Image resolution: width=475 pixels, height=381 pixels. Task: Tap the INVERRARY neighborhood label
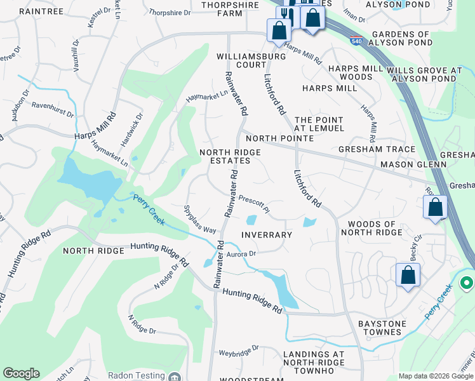point(267,235)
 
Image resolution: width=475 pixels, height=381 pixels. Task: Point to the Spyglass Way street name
point(200,218)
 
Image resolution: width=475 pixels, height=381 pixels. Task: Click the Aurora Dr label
point(241,254)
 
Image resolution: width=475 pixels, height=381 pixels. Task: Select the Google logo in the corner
point(21,373)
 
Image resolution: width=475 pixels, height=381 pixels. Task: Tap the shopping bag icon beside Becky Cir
point(408,275)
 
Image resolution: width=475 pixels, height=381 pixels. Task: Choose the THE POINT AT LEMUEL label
point(319,124)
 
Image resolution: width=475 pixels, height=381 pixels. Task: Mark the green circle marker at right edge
point(467,283)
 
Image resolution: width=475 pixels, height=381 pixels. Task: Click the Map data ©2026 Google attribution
point(436,376)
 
